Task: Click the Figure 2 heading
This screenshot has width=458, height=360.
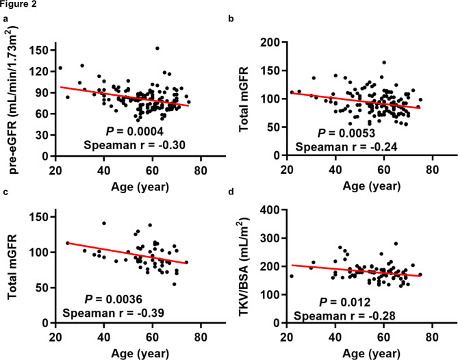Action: (x=18, y=4)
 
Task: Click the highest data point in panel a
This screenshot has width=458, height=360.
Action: (x=157, y=49)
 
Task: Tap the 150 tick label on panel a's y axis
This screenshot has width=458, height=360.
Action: (x=38, y=50)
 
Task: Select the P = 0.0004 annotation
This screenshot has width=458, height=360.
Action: (x=135, y=131)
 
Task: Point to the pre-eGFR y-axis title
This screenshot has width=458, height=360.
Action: (x=13, y=99)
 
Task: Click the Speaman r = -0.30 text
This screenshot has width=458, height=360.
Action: (x=135, y=145)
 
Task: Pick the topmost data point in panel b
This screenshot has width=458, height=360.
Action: (x=384, y=62)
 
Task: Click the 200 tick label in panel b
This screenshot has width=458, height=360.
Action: (x=270, y=42)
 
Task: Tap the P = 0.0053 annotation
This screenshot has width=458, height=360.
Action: (x=346, y=133)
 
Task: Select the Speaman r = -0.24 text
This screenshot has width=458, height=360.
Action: (x=346, y=147)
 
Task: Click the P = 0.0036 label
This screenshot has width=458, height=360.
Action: (x=114, y=299)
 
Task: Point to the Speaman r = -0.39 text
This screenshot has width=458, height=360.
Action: (x=114, y=313)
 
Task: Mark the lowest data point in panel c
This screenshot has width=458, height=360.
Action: (x=175, y=284)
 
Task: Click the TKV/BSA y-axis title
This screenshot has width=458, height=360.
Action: (x=244, y=266)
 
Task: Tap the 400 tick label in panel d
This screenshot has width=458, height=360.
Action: (x=270, y=209)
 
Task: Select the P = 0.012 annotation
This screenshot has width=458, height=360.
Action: (x=344, y=303)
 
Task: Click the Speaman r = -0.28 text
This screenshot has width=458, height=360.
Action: (x=344, y=316)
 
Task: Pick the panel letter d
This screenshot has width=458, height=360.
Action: (x=231, y=192)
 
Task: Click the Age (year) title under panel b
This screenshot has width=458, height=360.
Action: (x=372, y=186)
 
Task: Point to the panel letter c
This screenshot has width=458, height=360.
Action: (x=5, y=192)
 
